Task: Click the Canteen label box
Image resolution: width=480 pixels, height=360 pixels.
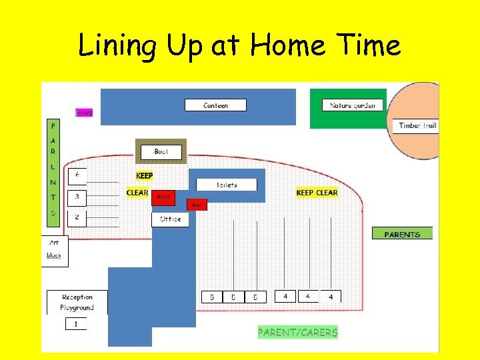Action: [x=215, y=105]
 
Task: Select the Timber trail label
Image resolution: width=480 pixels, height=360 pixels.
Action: [x=418, y=125]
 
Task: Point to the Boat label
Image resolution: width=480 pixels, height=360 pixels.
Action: [x=161, y=152]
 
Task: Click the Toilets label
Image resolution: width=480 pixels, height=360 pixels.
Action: [x=226, y=184]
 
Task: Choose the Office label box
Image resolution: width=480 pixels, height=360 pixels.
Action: [x=170, y=219]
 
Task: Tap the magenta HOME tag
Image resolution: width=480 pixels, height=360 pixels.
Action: [x=84, y=113]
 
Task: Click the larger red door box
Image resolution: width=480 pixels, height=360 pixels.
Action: [x=163, y=197]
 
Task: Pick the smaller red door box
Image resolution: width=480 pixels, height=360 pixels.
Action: [x=197, y=205]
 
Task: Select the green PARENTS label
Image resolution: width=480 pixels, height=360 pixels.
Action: [x=402, y=234]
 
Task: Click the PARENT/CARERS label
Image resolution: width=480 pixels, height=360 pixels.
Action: [x=298, y=332]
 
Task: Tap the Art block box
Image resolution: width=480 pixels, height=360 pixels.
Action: [x=55, y=249]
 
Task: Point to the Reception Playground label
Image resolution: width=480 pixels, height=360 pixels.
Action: [x=77, y=302]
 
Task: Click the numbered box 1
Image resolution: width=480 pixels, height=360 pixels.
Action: [x=76, y=324]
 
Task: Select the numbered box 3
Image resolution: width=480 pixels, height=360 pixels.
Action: [x=77, y=197]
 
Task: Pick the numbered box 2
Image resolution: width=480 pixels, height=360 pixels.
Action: [x=77, y=217]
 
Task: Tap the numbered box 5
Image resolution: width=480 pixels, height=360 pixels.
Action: [x=212, y=297]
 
